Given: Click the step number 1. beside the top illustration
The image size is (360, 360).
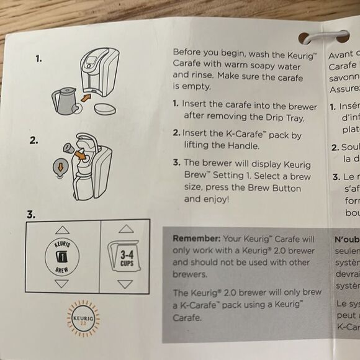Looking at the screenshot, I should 38,58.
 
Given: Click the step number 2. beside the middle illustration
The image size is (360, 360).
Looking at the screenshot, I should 34,140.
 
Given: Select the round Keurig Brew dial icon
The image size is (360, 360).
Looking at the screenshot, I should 62,256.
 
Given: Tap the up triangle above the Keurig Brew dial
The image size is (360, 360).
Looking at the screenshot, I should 62,229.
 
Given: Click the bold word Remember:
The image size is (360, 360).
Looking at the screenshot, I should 197,238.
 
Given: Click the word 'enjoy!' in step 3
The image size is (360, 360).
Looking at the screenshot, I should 215,199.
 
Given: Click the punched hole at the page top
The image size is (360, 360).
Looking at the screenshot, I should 307,38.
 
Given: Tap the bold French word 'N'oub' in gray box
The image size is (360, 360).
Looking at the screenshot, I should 347,238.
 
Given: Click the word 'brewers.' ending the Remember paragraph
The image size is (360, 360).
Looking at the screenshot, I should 189,274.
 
